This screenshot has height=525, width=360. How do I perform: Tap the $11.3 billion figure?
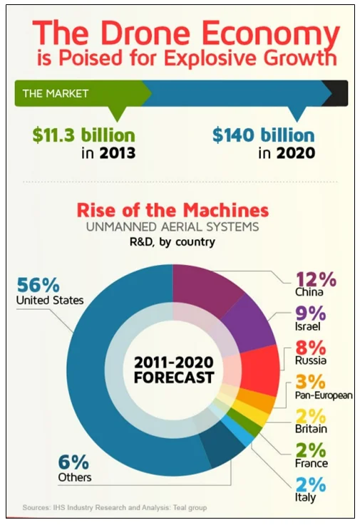[83, 134]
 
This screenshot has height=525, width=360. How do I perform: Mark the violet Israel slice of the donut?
[246, 324]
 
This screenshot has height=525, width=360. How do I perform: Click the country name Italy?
[305, 498]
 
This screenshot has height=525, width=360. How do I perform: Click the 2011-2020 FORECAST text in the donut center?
[173, 369]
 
